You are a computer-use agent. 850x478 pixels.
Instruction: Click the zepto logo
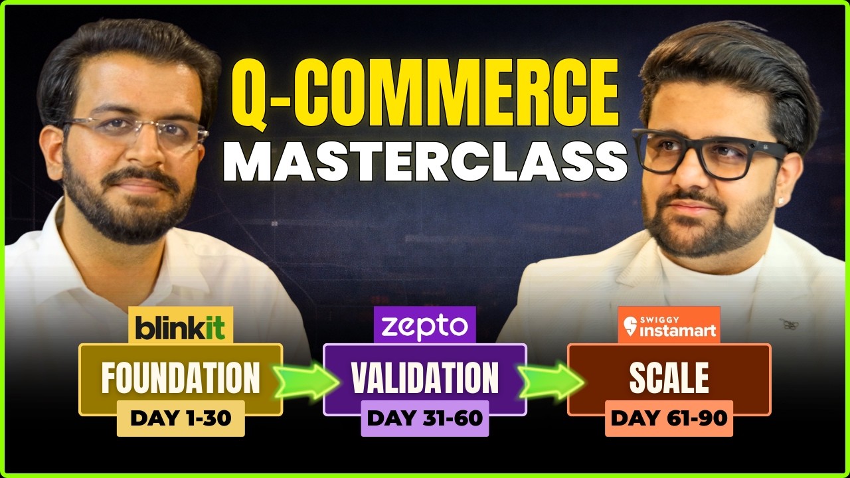coord(424,325)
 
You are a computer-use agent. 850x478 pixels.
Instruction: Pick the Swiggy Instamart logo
coord(669,325)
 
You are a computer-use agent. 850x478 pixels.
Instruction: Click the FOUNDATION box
coord(181,377)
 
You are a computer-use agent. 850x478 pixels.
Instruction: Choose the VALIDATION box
coord(424,377)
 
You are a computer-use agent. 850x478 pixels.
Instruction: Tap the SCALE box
coord(669,377)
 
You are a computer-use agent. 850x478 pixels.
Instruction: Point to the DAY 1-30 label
coord(181,418)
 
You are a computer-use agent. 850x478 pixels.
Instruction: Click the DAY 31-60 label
coord(424,418)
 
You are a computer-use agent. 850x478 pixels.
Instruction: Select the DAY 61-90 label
coord(669,418)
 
